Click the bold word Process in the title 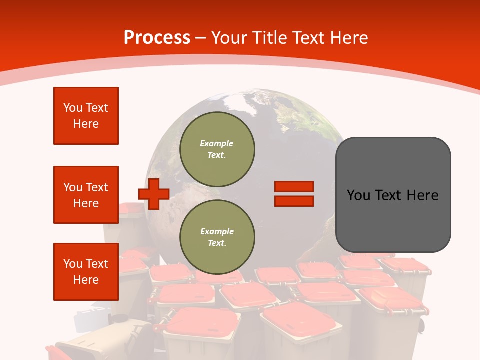(157, 38)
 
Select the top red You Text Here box (86, 116)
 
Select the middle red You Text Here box (86, 195)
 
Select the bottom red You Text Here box (86, 272)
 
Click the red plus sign (154, 194)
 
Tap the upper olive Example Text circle (217, 149)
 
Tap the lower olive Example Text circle (217, 237)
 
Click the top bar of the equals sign (294, 186)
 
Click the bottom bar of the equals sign (294, 201)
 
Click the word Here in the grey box (423, 195)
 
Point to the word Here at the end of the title (349, 38)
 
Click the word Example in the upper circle (217, 143)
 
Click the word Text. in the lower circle (217, 243)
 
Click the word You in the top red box (72, 108)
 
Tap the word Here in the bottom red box (86, 280)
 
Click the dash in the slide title (201, 38)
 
